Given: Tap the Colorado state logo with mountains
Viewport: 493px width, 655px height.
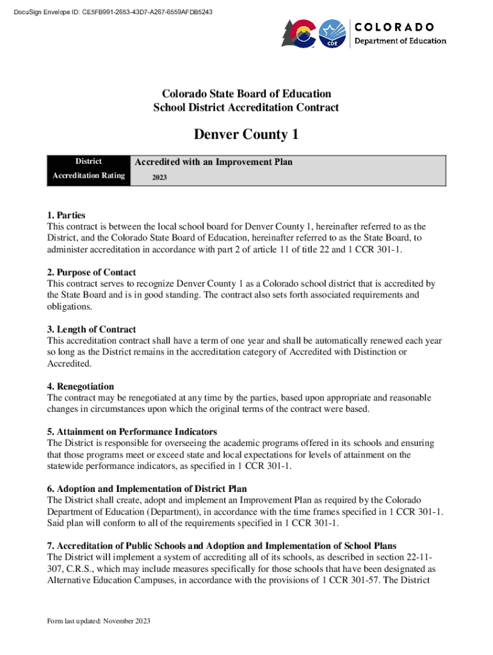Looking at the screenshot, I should click(x=298, y=33).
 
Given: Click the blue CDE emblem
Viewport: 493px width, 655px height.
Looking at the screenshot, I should click(x=332, y=33).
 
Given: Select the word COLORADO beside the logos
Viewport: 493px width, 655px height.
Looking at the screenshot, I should click(x=394, y=27).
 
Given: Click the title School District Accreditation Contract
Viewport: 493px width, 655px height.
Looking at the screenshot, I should click(x=246, y=107).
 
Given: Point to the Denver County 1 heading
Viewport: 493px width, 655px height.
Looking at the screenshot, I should click(x=246, y=135).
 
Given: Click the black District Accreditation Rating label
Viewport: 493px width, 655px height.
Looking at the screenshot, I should click(x=88, y=169).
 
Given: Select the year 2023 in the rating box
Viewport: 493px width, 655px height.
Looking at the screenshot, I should click(x=159, y=177).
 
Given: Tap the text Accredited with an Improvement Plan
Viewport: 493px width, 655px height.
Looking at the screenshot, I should click(x=213, y=162).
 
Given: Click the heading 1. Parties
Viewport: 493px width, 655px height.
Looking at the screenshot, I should click(x=67, y=215).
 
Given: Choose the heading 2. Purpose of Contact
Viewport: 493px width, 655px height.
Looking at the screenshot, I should click(x=92, y=272).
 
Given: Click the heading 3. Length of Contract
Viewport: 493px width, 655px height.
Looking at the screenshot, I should click(x=92, y=329).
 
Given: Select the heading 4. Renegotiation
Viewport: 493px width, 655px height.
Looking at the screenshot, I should click(x=81, y=386).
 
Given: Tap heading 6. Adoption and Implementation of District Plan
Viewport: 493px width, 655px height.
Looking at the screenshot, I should click(x=147, y=488).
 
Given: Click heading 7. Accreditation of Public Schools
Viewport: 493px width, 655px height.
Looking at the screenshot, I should click(x=222, y=546).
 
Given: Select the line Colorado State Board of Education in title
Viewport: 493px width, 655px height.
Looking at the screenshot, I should click(x=246, y=94).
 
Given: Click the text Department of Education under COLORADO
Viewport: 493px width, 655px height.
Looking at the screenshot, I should click(x=401, y=41).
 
